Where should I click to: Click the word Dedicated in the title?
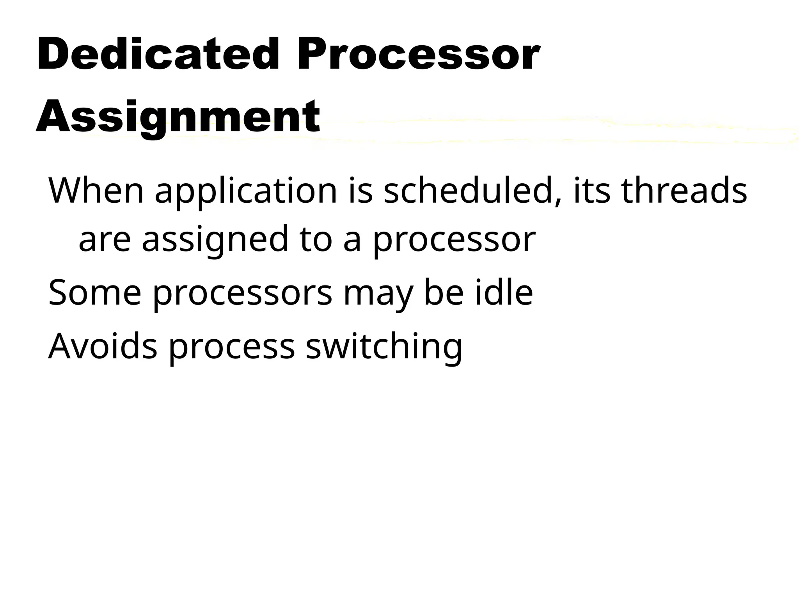[158, 54]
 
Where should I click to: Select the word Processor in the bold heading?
[419, 54]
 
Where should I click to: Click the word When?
[96, 191]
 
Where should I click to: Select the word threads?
[684, 191]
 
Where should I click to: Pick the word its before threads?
[591, 191]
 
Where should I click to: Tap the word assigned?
[215, 240]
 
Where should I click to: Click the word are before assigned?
[105, 240]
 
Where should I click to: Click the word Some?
[94, 293]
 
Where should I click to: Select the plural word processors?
[242, 294]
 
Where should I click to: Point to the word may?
[377, 294]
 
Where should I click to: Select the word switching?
[384, 347]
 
